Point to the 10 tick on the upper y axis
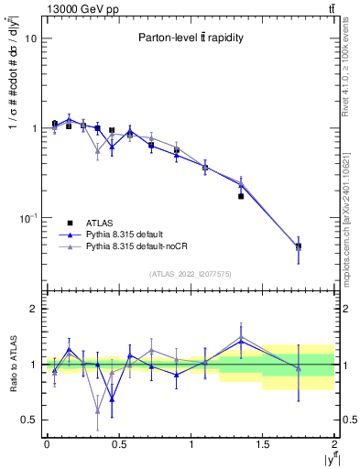pyautogui.click(x=32, y=39)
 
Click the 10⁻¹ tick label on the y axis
pyautogui.click(x=30, y=218)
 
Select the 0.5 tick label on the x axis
pyautogui.click(x=118, y=444)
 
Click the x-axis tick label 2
pyautogui.click(x=334, y=444)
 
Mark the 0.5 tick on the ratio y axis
pyautogui.click(x=32, y=420)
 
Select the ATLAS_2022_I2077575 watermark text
pyautogui.click(x=190, y=273)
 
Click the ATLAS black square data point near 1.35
pyautogui.click(x=241, y=196)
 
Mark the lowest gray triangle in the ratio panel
pyautogui.click(x=97, y=410)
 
